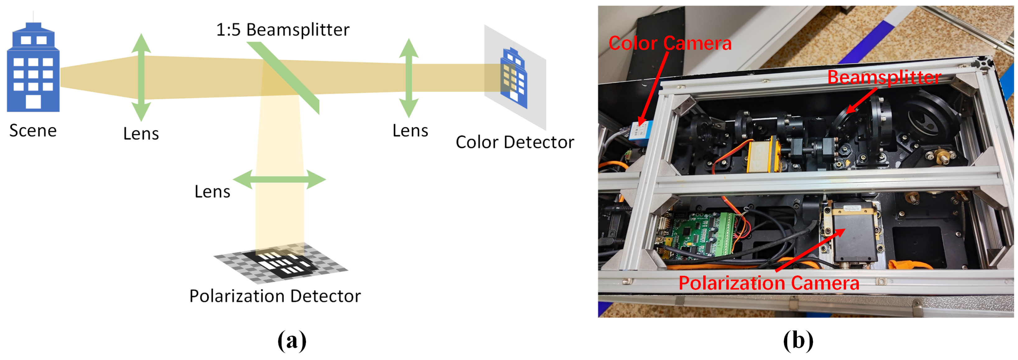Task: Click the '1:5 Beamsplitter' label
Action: pyautogui.click(x=282, y=30)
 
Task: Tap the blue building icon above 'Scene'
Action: pyautogui.click(x=33, y=67)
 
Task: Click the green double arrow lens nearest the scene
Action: pyautogui.click(x=141, y=77)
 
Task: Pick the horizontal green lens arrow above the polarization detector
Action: pyautogui.click(x=279, y=179)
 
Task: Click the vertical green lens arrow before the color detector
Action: pyautogui.click(x=409, y=78)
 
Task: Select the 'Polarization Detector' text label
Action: pyautogui.click(x=275, y=296)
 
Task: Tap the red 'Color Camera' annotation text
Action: pyautogui.click(x=670, y=43)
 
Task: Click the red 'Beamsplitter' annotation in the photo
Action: pyautogui.click(x=884, y=77)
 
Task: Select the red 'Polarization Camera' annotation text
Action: pyautogui.click(x=769, y=283)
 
